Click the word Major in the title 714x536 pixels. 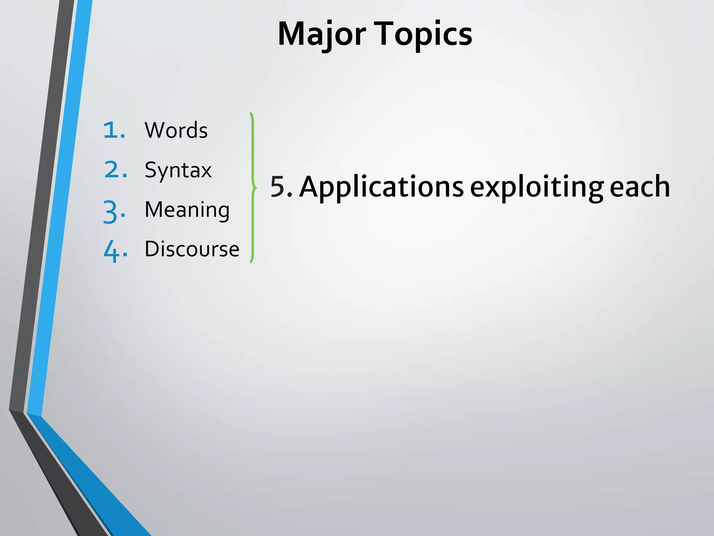(321, 34)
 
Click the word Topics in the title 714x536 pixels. (424, 34)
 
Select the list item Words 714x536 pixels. (176, 130)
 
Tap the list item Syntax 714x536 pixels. (178, 170)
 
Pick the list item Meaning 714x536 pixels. (187, 210)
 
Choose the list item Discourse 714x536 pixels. (192, 249)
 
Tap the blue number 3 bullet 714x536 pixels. (113, 211)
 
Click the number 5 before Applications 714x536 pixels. (278, 187)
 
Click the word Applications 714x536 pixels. (381, 187)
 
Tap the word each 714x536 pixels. (640, 187)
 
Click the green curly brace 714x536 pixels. (253, 188)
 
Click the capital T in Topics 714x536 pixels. (385, 34)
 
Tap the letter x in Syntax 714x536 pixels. (205, 171)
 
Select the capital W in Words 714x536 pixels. (155, 130)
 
